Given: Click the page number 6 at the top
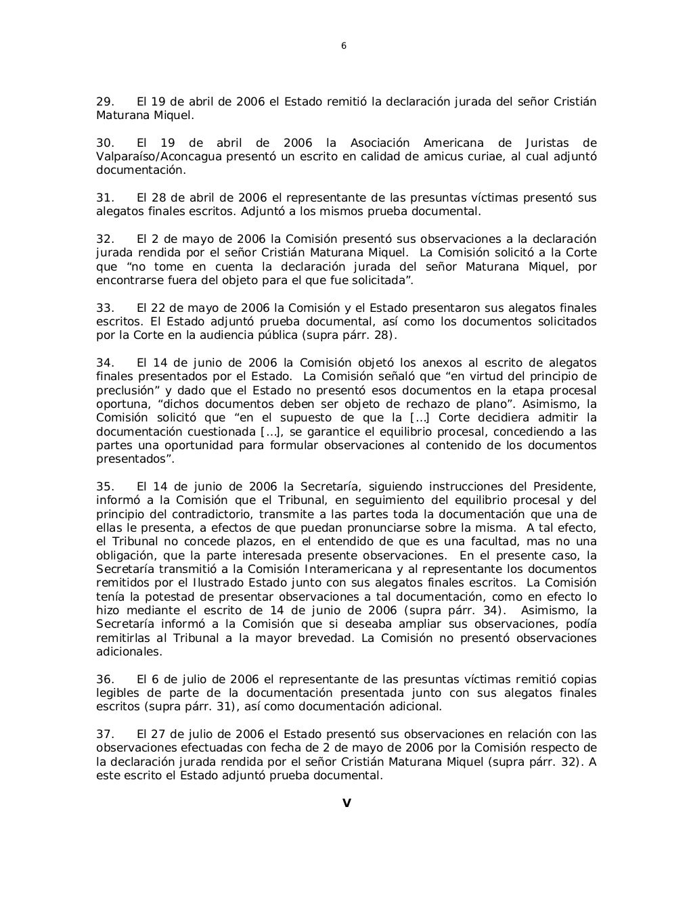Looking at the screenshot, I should [x=344, y=46].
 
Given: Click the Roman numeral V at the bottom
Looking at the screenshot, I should [x=346, y=804].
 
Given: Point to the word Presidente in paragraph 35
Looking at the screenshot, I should [x=568, y=486].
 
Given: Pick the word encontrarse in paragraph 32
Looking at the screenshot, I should [x=127, y=280].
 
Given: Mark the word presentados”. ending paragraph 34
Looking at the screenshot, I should [x=135, y=459].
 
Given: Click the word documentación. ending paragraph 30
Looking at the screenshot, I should [x=140, y=170].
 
